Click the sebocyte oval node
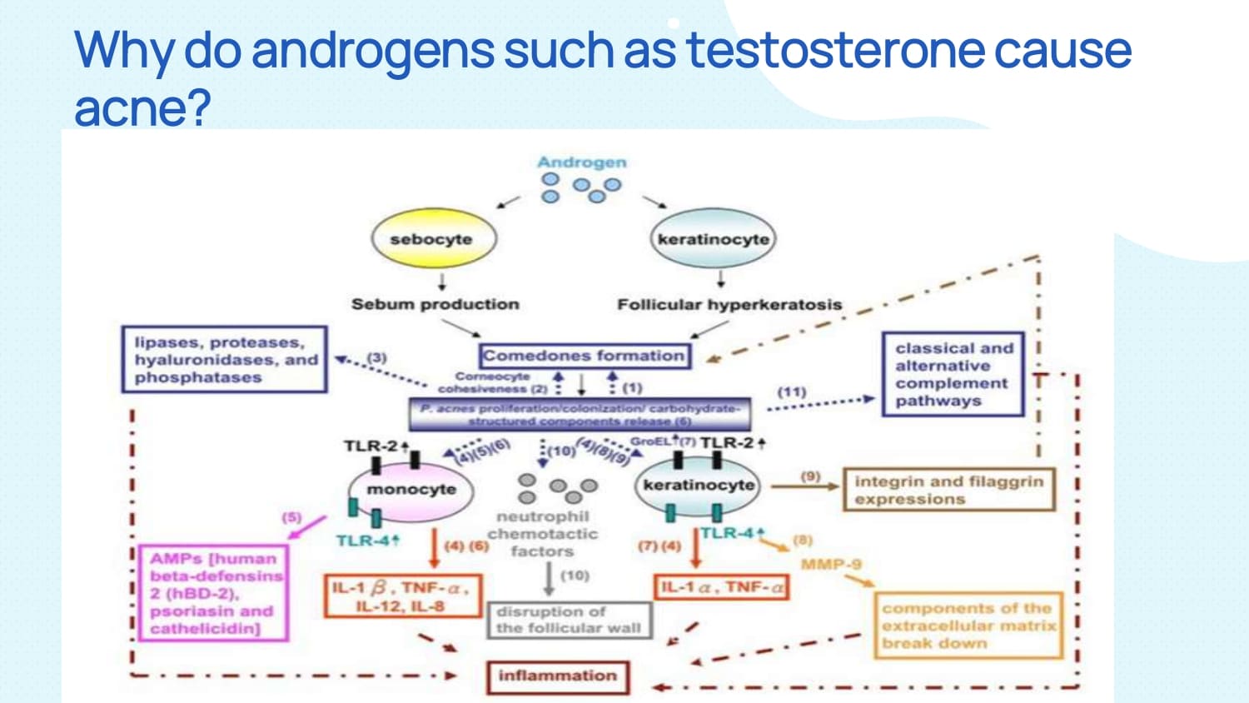[431, 239]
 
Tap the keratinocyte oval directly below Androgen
[713, 239]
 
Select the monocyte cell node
[411, 489]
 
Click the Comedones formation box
[584, 356]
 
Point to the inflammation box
[557, 676]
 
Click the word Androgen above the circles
[581, 162]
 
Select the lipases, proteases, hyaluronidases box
[224, 360]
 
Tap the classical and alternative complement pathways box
[953, 374]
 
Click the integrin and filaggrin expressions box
[948, 490]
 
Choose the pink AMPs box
[215, 593]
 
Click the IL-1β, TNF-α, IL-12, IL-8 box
[402, 596]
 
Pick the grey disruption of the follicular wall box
[569, 620]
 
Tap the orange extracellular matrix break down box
[968, 626]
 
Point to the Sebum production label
[435, 304]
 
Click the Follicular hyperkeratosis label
[729, 305]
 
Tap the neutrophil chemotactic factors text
[542, 534]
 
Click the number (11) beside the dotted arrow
[791, 391]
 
